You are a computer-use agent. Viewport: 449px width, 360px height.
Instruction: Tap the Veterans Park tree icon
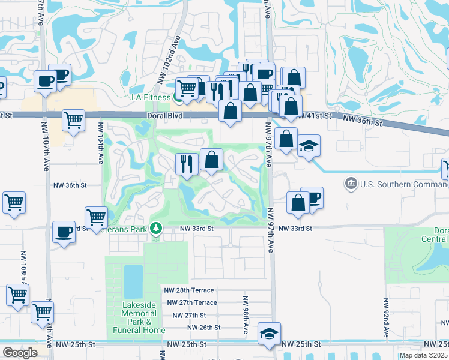(x=156, y=228)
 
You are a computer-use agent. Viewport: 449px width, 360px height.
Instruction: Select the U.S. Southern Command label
(x=401, y=182)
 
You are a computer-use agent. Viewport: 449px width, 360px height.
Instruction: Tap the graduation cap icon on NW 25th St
(x=270, y=334)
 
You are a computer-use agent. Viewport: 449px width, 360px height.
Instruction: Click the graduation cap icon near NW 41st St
(x=309, y=146)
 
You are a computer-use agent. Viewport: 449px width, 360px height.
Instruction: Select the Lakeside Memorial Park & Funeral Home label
(x=139, y=317)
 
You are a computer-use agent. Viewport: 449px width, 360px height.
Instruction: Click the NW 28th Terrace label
(x=189, y=290)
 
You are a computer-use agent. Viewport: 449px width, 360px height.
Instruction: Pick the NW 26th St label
(x=203, y=328)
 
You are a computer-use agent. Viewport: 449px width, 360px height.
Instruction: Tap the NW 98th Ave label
(x=246, y=314)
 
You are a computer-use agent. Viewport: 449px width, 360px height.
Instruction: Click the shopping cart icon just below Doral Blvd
(x=73, y=120)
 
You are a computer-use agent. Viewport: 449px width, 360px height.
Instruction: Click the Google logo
(x=20, y=353)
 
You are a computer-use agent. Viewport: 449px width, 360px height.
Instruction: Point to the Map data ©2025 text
(x=423, y=355)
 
